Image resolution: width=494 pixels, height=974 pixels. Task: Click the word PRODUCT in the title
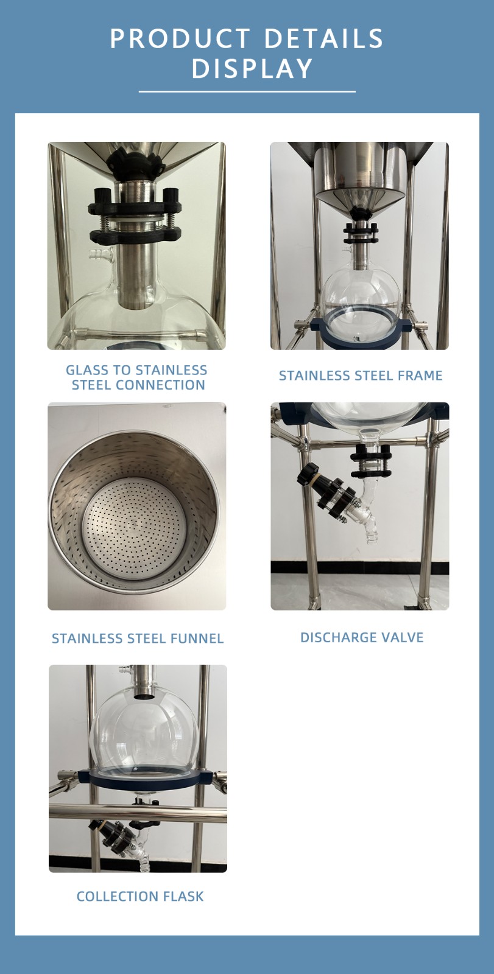(x=180, y=38)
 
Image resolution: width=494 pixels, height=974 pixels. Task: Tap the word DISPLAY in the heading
(x=252, y=68)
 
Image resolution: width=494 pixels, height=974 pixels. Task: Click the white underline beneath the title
(x=247, y=92)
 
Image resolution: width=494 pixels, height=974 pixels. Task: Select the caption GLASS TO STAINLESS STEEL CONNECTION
(x=137, y=377)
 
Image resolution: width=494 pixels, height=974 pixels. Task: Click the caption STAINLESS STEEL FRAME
(x=361, y=375)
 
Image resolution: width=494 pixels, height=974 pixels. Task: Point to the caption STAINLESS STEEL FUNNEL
(x=138, y=639)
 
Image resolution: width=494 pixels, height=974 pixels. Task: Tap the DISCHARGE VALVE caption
(x=362, y=637)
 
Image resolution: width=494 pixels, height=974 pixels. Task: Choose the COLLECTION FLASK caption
(x=140, y=896)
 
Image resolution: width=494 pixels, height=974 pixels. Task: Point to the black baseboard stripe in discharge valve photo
(x=360, y=567)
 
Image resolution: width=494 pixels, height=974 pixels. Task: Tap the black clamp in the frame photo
(x=361, y=234)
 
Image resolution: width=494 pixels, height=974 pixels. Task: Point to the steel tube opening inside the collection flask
(x=143, y=696)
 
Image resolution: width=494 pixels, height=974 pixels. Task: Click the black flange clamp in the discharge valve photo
(x=370, y=461)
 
